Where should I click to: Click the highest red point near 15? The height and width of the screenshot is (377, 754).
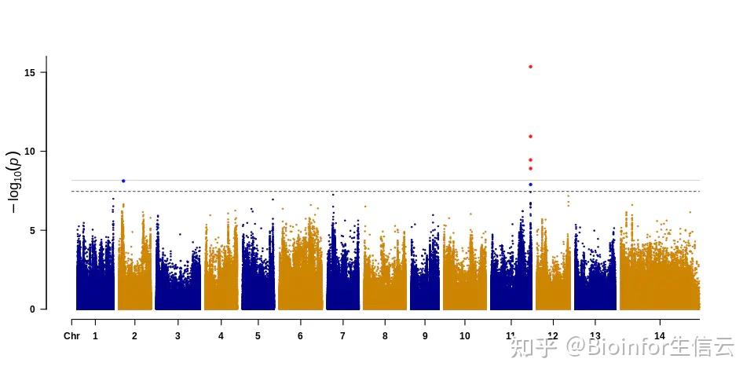(x=531, y=67)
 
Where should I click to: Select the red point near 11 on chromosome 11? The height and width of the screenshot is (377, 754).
(x=531, y=137)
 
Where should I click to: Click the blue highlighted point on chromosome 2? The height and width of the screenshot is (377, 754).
(x=123, y=181)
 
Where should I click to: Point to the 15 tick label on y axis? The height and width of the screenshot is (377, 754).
(x=31, y=72)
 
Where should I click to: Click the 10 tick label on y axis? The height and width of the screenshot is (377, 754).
(x=31, y=151)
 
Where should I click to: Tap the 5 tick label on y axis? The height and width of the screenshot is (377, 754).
(x=33, y=230)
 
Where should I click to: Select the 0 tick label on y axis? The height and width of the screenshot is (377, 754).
(x=33, y=309)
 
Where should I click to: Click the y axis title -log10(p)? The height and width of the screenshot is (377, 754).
(x=15, y=183)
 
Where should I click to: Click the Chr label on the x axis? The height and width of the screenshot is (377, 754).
(x=71, y=336)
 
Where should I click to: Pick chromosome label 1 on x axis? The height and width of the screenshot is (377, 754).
(x=95, y=336)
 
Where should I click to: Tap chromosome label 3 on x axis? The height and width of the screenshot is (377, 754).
(x=178, y=336)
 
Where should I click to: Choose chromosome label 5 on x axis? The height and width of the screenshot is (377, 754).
(x=258, y=336)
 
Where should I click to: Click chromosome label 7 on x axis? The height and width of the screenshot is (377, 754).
(x=342, y=336)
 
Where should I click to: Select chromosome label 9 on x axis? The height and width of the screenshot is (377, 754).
(x=425, y=336)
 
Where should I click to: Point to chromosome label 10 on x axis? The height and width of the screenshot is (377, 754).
(x=465, y=336)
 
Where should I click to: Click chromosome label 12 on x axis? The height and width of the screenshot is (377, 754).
(x=553, y=336)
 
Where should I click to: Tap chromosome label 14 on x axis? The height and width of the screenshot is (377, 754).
(x=660, y=336)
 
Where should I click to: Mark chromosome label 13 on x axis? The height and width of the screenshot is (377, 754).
(x=595, y=336)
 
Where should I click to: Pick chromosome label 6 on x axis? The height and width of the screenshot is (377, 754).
(x=300, y=336)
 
